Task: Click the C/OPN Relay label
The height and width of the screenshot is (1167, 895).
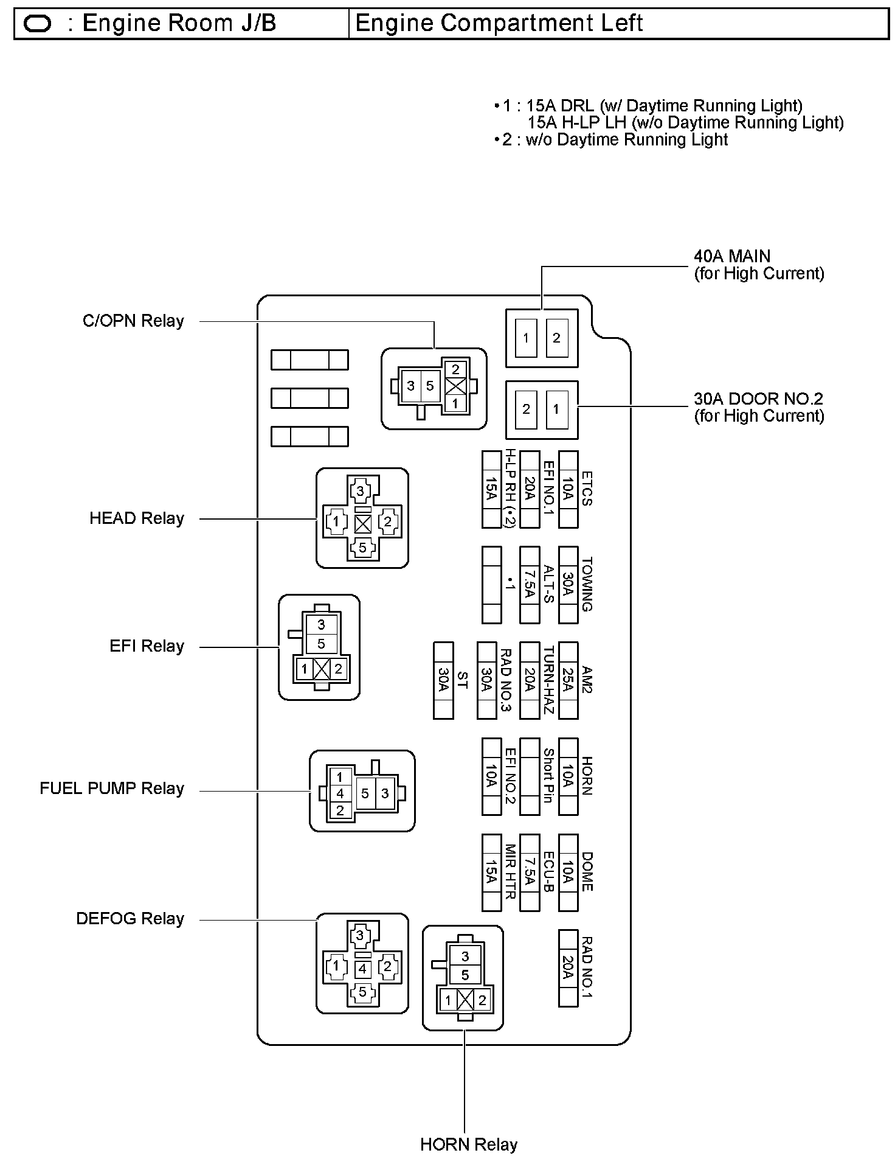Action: pos(133,321)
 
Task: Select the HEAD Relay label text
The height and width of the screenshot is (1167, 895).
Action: pos(136,518)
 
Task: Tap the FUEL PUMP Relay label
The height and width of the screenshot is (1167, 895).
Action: pos(111,789)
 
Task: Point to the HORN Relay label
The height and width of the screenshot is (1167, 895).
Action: pos(468,1144)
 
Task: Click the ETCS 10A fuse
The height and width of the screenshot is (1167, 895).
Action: pos(568,489)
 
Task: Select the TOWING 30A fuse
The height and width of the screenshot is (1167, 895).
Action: pos(568,584)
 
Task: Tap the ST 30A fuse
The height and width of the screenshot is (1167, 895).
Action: pos(443,680)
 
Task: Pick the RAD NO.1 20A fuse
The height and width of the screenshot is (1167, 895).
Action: pos(568,967)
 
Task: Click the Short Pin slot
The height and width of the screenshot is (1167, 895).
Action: pos(530,776)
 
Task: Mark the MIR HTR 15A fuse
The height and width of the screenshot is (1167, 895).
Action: pos(491,872)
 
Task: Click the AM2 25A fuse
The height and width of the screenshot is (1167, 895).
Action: pos(568,680)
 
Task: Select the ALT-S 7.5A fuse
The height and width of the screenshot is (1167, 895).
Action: pos(530,584)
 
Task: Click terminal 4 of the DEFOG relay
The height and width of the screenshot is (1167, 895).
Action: pos(362,969)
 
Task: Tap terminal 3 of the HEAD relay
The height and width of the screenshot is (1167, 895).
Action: pos(361,490)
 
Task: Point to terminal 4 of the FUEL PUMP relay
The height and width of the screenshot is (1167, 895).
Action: pos(340,793)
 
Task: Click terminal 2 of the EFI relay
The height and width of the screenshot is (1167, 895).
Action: pos(338,669)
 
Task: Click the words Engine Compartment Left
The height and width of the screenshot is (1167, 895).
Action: pos(499,23)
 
